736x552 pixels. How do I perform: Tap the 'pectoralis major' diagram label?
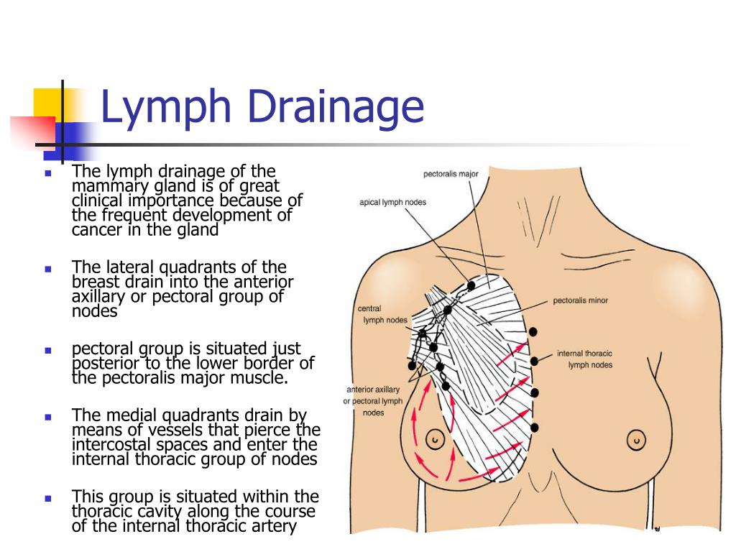(x=451, y=174)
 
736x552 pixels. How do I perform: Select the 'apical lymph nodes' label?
(x=392, y=202)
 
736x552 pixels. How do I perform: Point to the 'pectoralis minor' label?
(x=580, y=300)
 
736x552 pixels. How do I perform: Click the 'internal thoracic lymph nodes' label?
(x=584, y=359)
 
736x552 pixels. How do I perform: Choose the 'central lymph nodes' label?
(x=382, y=314)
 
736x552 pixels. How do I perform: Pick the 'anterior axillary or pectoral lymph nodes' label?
(x=373, y=401)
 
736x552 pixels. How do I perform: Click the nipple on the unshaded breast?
(x=635, y=438)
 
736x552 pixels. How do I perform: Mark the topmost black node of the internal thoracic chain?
(x=533, y=331)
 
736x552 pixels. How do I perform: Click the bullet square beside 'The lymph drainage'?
(x=48, y=173)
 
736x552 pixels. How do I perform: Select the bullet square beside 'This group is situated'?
(x=48, y=498)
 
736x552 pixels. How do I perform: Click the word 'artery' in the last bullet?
(x=272, y=526)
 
